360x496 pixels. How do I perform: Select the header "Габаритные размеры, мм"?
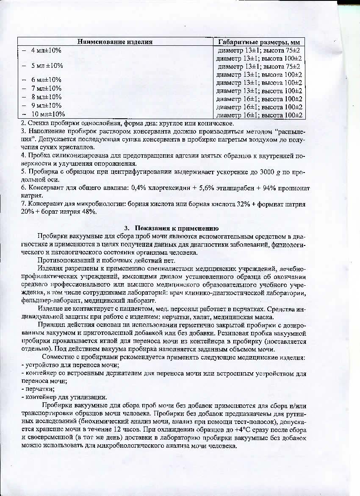click(x=259, y=42)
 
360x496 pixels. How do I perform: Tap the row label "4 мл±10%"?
click(x=46, y=50)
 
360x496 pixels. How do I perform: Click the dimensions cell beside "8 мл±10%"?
click(x=259, y=99)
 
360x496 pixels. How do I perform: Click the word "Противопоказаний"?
click(x=64, y=260)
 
